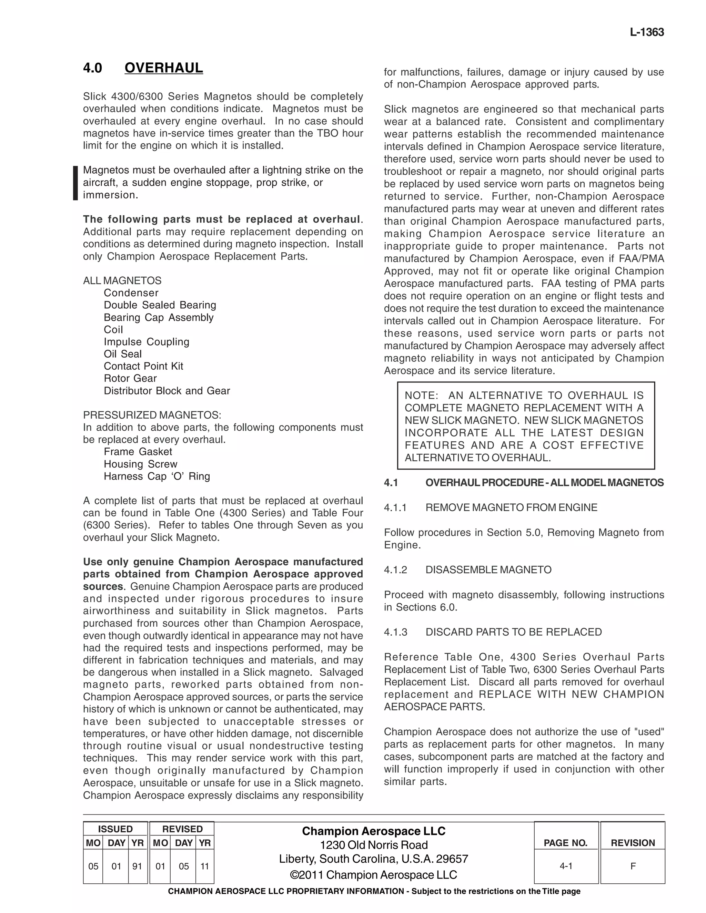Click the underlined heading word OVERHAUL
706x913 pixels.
[163, 68]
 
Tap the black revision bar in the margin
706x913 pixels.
[75, 183]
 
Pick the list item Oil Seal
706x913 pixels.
[122, 354]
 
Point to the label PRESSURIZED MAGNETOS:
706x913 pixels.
[152, 415]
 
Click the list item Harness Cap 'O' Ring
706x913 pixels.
[157, 476]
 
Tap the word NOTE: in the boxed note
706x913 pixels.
[421, 396]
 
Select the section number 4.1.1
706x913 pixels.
[395, 507]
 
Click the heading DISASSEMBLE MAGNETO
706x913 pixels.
[488, 570]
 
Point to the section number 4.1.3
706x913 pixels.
[395, 632]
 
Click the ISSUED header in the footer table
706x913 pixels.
[115, 829]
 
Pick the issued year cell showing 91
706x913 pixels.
[137, 866]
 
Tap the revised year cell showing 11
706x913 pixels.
[204, 866]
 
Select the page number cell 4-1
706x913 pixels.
[566, 866]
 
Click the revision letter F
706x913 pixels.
[633, 866]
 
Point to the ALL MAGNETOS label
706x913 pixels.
[122, 280]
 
